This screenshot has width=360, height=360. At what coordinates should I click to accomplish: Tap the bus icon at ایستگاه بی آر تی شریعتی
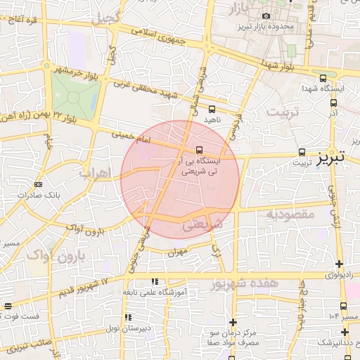(x=200, y=150)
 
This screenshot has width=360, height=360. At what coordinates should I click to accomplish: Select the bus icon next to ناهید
(x=212, y=109)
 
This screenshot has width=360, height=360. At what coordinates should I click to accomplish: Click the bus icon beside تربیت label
(x=302, y=152)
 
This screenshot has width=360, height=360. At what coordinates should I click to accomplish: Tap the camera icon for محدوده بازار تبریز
(x=266, y=15)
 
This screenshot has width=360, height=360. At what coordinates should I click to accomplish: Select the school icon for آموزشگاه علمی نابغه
(x=154, y=281)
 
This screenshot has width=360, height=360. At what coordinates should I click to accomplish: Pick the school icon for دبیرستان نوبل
(x=127, y=317)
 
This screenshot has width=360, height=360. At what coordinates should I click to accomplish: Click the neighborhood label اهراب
(x=92, y=171)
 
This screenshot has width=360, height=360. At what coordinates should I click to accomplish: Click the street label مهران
(x=176, y=252)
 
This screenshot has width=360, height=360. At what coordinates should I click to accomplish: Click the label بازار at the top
(x=240, y=8)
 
